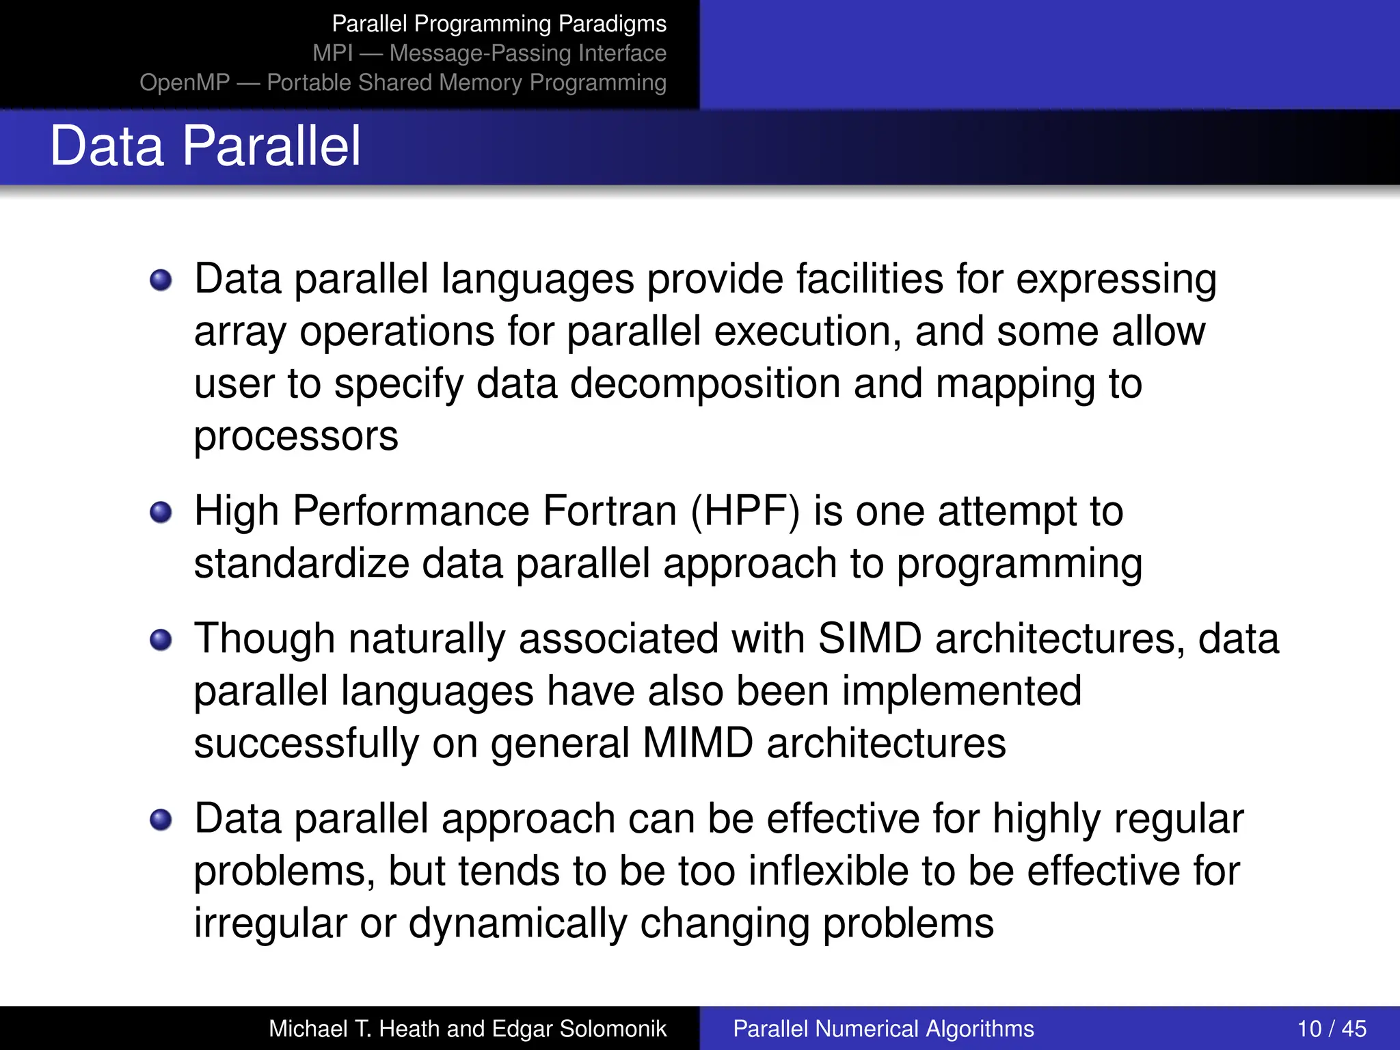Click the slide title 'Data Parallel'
[x=205, y=146]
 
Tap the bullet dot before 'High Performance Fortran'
[x=161, y=512]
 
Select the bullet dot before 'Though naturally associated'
[x=161, y=640]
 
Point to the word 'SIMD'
[x=870, y=639]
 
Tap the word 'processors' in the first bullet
[x=296, y=437]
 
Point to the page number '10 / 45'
[x=1332, y=1029]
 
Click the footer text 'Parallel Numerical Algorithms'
[x=883, y=1029]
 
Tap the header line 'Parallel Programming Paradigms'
[x=499, y=24]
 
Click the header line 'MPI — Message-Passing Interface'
[x=489, y=53]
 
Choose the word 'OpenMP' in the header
[x=185, y=83]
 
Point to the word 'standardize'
[x=301, y=564]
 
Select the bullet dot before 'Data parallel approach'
[x=161, y=820]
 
